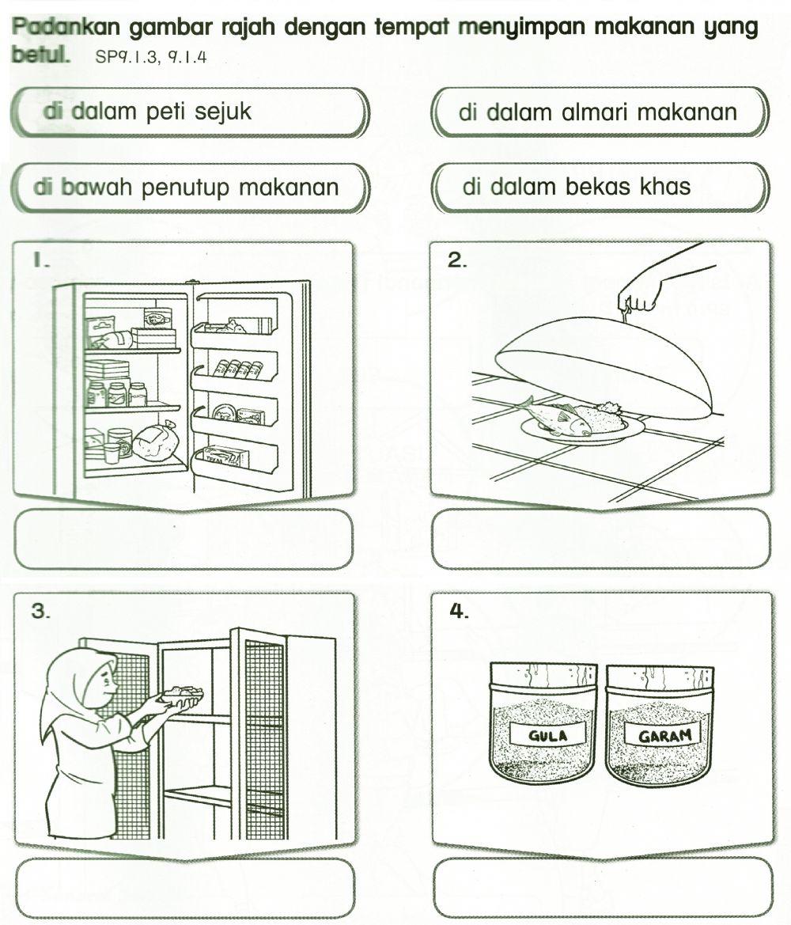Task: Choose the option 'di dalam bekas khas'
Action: click(x=600, y=188)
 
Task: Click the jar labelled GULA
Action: click(x=543, y=723)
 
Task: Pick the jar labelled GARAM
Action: click(x=658, y=723)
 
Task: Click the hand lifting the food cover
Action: click(x=642, y=298)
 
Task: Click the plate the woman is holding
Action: click(x=182, y=697)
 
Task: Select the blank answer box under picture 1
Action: click(x=184, y=539)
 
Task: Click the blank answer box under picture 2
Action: click(x=601, y=539)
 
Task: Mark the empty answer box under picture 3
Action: click(x=184, y=888)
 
